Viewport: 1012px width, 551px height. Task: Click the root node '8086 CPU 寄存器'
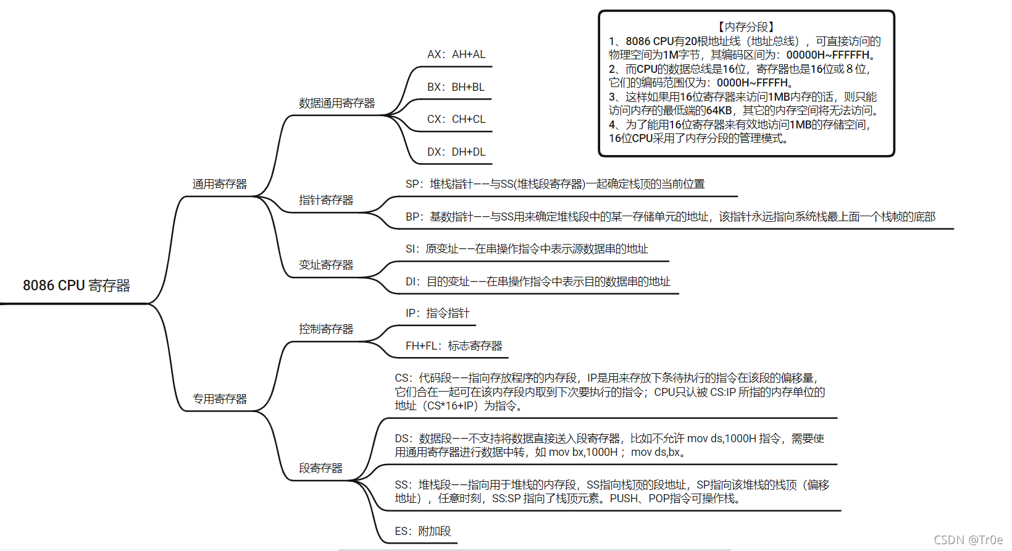(77, 285)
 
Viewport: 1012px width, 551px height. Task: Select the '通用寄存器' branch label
(219, 184)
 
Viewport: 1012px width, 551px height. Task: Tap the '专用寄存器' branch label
(219, 399)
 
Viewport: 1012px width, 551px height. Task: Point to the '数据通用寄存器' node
(337, 103)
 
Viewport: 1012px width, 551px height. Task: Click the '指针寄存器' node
(326, 200)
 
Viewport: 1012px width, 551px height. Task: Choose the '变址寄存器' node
(326, 265)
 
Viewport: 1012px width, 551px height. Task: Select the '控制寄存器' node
(326, 329)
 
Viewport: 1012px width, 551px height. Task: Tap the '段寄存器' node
(320, 468)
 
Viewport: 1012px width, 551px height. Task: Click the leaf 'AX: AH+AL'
(456, 54)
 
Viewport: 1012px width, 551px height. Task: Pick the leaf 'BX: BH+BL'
(456, 87)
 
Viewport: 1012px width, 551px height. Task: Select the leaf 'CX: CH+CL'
(456, 119)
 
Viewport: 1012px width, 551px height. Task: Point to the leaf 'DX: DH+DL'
(456, 152)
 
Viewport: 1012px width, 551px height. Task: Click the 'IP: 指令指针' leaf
(437, 313)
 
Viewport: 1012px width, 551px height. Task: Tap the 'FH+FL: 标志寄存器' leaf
(454, 346)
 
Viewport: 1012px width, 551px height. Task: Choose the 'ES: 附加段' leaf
(423, 531)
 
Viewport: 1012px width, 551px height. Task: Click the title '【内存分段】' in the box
(746, 27)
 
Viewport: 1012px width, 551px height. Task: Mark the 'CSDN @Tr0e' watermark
(968, 540)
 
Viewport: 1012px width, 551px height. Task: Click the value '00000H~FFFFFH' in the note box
(828, 55)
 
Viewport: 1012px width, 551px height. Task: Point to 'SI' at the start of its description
(411, 249)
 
